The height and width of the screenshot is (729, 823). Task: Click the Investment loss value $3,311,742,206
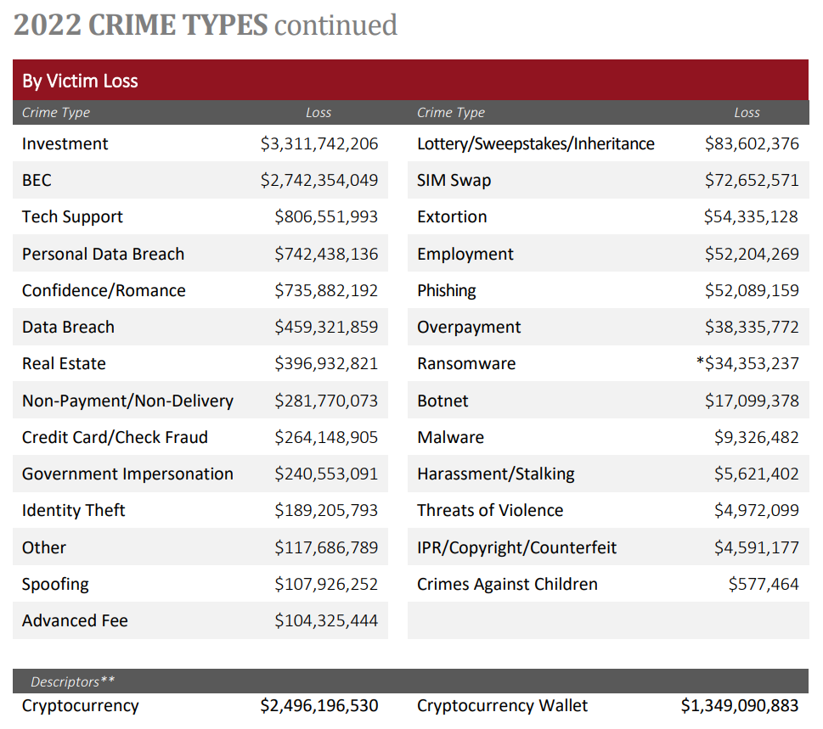319,143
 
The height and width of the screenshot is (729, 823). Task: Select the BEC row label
37,180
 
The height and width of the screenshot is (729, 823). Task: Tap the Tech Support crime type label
72,216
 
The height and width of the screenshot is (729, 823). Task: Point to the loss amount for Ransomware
752,363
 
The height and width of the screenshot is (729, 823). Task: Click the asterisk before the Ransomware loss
699,362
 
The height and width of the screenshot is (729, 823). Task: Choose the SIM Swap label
454,180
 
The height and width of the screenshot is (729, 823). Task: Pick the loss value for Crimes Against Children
764,584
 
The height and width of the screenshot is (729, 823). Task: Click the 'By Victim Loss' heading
80,81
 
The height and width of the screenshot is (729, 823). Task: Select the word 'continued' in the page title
335,25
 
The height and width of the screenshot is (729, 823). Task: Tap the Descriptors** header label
72,681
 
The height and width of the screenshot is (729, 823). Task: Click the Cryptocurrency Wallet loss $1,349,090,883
740,705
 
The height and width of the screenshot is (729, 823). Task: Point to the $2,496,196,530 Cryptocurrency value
319,705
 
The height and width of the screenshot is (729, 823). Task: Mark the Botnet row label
443,401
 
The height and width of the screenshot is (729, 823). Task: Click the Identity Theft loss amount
326,510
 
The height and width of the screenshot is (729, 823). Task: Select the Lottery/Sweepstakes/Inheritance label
535,143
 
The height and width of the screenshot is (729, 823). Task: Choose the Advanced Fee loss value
326,620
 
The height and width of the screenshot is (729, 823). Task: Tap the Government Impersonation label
127,474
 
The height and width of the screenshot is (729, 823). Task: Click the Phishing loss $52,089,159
752,290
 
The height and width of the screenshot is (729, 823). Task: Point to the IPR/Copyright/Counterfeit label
516,547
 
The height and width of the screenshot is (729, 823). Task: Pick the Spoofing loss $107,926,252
326,584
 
